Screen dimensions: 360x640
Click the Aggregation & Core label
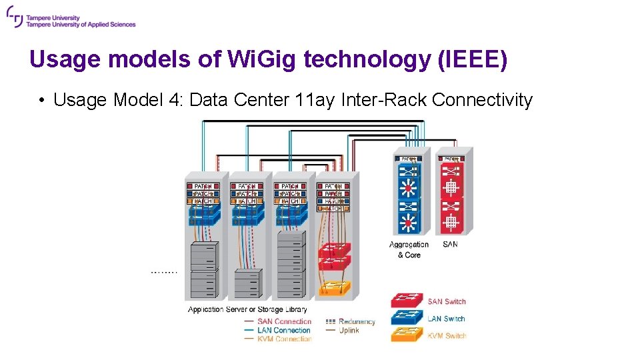409,249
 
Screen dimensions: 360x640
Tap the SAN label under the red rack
450,245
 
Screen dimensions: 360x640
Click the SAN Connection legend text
284,321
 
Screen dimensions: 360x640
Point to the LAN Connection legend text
284,330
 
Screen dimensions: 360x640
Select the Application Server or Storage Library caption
247,309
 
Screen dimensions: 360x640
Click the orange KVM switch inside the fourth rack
334,288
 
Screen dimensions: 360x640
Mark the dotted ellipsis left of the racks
164,272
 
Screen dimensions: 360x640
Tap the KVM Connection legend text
284,339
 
